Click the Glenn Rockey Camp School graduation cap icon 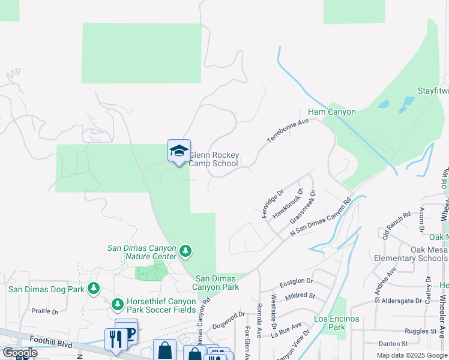pyautogui.click(x=179, y=150)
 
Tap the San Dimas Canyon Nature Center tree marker pyautogui.click(x=185, y=251)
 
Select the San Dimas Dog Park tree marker pyautogui.click(x=93, y=289)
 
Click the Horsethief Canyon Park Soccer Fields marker pyautogui.click(x=117, y=305)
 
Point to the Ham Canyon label pyautogui.click(x=332, y=112)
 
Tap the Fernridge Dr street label pyautogui.click(x=272, y=204)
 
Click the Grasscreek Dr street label pyautogui.click(x=303, y=206)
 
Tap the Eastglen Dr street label pyautogui.click(x=297, y=281)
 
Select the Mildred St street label pyautogui.click(x=301, y=296)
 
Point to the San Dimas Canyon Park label pyautogui.click(x=217, y=283)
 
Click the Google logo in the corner pyautogui.click(x=19, y=353)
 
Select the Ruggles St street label pyautogui.click(x=420, y=331)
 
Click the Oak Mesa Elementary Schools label pyautogui.click(x=412, y=254)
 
